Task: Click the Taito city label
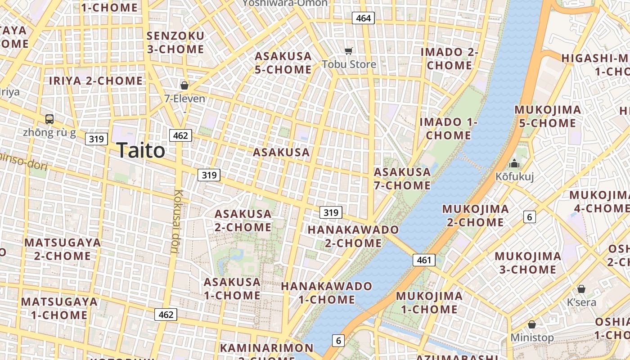(x=141, y=150)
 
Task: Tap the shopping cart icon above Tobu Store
(x=349, y=51)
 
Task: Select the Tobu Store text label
(x=349, y=64)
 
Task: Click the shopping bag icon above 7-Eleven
(x=184, y=85)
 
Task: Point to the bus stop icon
(x=49, y=119)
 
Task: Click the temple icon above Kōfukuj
(x=514, y=163)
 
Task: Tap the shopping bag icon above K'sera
(x=581, y=289)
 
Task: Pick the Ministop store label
(x=532, y=337)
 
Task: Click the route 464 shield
(x=363, y=18)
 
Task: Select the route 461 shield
(x=424, y=260)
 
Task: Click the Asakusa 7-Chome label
(x=402, y=179)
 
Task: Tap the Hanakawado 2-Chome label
(x=353, y=236)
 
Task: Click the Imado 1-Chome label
(x=448, y=128)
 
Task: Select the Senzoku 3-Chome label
(x=175, y=42)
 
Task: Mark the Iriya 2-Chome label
(x=96, y=81)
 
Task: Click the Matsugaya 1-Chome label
(x=59, y=308)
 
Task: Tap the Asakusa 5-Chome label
(x=283, y=63)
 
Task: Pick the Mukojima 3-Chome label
(x=528, y=263)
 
